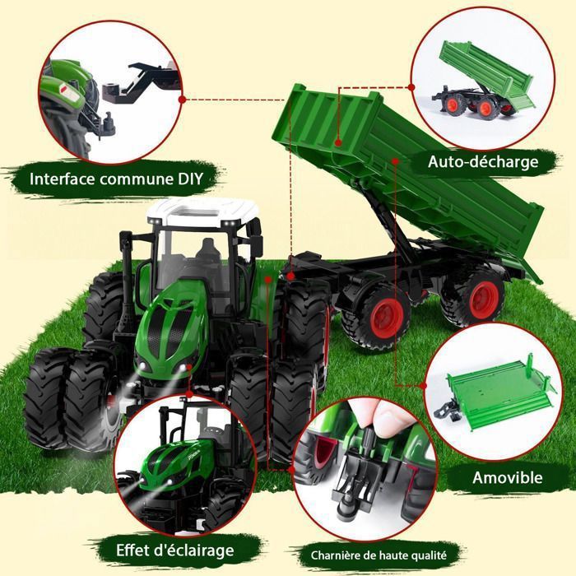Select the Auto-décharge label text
tap(483, 161)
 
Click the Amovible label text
tap(508, 477)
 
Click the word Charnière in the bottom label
tap(329, 555)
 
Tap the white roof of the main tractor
tap(202, 212)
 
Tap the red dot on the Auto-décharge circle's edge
tap(411, 87)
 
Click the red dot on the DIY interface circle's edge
tap(182, 100)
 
